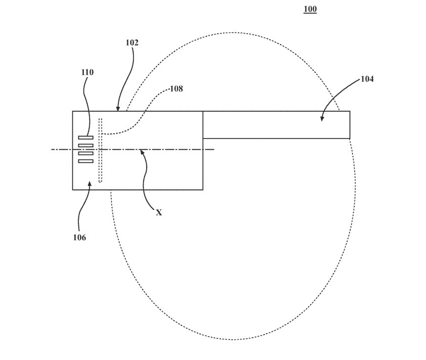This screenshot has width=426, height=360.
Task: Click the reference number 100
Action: [310, 9]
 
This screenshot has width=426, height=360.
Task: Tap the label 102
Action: [132, 43]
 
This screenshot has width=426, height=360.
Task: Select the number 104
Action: [367, 79]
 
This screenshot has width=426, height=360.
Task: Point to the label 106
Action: [79, 237]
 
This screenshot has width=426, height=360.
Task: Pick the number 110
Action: [87, 72]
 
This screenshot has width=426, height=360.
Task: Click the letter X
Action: [159, 213]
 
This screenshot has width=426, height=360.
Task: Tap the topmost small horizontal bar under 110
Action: [86, 138]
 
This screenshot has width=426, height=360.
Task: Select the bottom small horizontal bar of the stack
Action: [86, 161]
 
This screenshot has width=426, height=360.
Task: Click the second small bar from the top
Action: [86, 146]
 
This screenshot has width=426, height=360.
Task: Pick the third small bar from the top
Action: [86, 153]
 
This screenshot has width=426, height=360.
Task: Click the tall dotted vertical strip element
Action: [100, 150]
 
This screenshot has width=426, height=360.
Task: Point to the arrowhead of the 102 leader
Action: [118, 109]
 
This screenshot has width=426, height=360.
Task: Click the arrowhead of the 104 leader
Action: [321, 119]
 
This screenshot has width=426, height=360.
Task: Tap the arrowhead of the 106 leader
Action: [90, 184]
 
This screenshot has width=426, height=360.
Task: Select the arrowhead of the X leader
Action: [142, 151]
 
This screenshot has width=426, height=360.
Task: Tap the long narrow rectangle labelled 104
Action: [276, 124]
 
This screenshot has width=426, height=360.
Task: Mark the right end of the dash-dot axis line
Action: [214, 150]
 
